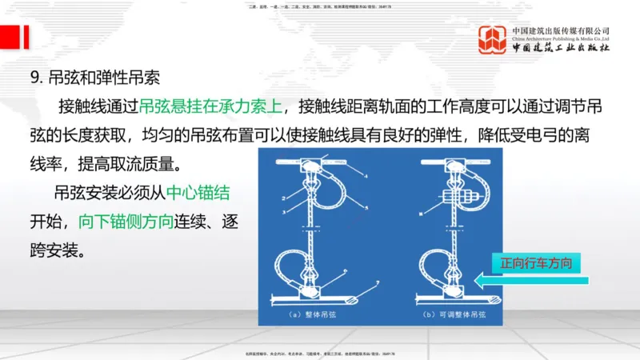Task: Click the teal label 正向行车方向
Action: pyautogui.click(x=536, y=262)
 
